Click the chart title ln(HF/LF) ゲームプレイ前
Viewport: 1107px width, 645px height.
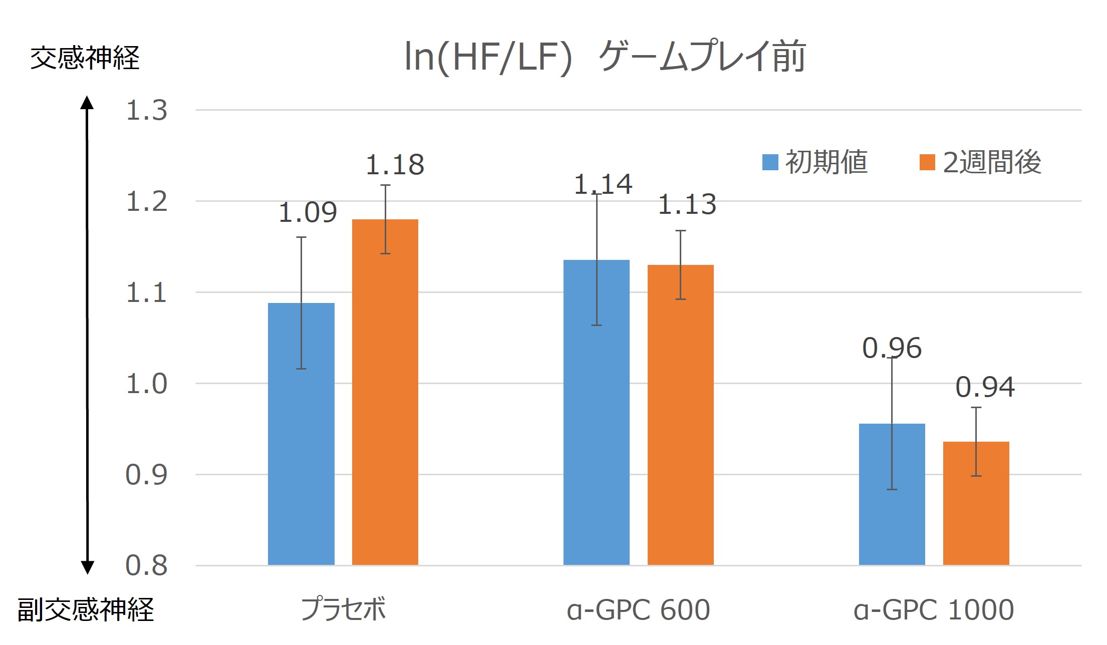tap(605, 57)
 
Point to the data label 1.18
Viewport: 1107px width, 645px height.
tap(395, 165)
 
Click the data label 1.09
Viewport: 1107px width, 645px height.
tap(308, 212)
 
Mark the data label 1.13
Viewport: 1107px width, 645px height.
tap(687, 204)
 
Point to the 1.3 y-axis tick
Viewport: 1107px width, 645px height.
tap(146, 110)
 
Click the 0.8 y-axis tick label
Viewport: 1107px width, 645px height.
tap(146, 565)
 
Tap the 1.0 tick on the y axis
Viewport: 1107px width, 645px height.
tap(146, 384)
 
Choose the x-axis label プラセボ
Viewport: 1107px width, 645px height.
tap(343, 609)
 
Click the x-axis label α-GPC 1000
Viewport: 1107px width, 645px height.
tap(934, 609)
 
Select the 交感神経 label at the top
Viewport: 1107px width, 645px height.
tap(85, 58)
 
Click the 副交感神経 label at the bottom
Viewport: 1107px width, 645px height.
tap(86, 609)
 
